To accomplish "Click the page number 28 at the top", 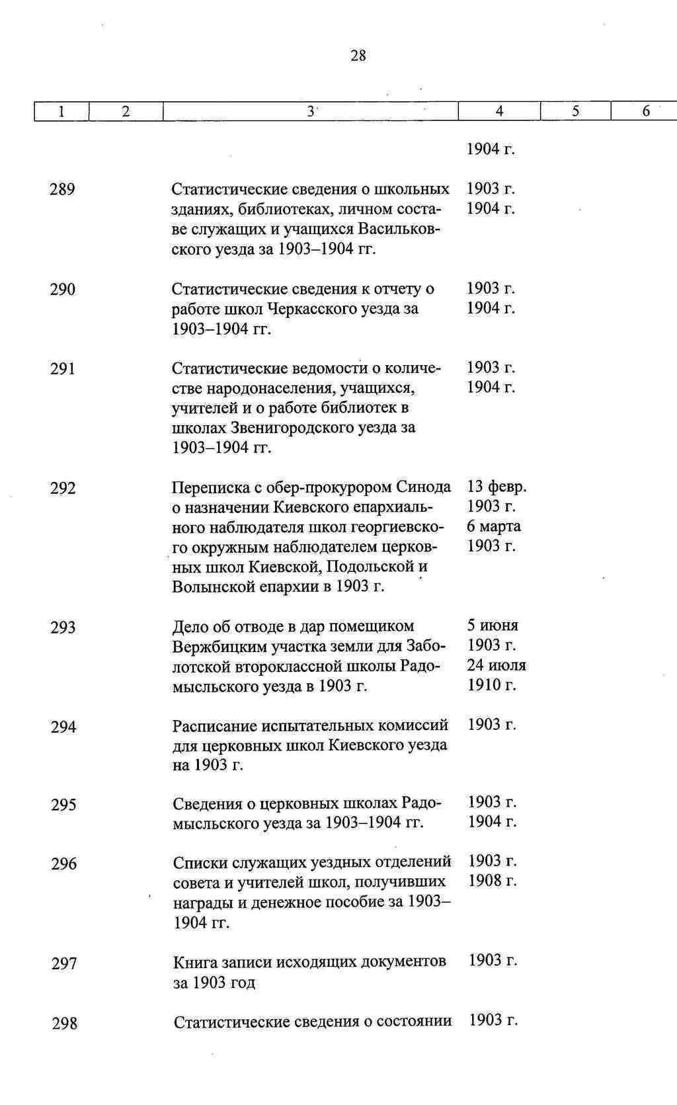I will point(358,56).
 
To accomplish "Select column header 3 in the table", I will point(310,112).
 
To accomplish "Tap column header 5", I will point(575,112).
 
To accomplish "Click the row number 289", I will point(62,190).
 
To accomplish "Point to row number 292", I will point(63,489).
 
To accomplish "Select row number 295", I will point(63,805).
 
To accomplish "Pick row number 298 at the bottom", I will point(65,1024).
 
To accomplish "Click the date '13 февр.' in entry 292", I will point(497,487).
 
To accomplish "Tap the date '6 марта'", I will point(493,526).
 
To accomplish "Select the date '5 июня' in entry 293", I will point(493,625).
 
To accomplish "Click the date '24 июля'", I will point(496,665).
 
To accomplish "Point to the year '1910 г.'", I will point(491,684).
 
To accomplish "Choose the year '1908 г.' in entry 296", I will point(492,880).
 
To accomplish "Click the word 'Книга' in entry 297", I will point(194,961).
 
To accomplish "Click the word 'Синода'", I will point(423,487).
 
